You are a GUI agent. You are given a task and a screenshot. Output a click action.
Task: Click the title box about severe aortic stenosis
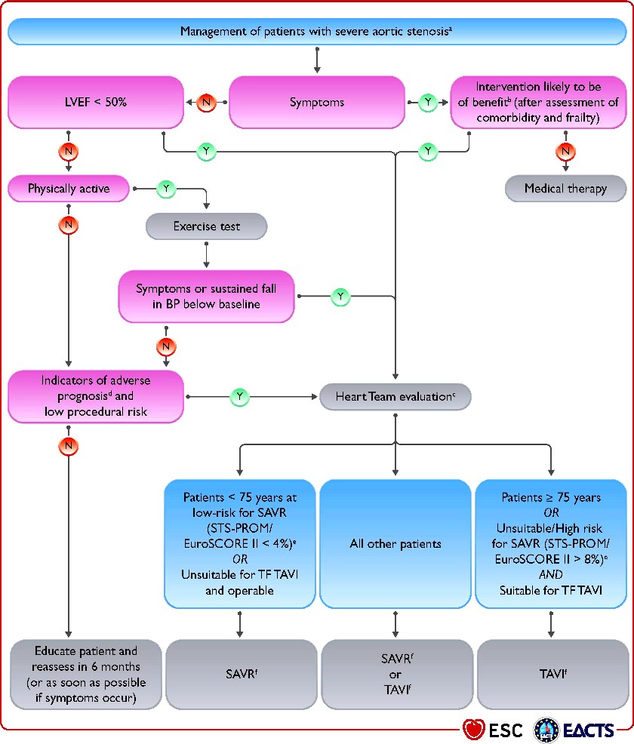(x=317, y=32)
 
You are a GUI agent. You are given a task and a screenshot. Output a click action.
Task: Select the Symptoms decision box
(x=317, y=102)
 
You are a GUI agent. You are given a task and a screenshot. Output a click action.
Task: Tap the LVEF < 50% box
(x=96, y=102)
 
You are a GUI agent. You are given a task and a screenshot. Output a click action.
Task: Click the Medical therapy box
(x=565, y=189)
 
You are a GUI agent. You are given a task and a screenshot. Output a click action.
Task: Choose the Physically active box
(x=69, y=189)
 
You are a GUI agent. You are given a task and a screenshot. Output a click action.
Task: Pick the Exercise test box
(x=207, y=226)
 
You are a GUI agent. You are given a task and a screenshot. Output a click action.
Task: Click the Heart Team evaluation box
(x=395, y=396)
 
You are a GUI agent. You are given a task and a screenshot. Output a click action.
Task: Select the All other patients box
(x=395, y=544)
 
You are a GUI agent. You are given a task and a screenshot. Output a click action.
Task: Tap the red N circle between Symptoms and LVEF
(x=207, y=102)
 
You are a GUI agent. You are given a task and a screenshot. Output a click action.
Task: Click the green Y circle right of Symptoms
(x=428, y=102)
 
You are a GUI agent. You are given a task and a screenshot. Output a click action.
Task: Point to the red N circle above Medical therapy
(x=565, y=152)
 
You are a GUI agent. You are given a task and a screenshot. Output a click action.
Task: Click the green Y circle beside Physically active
(x=166, y=189)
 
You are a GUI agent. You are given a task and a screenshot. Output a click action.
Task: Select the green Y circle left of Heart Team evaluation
(x=240, y=397)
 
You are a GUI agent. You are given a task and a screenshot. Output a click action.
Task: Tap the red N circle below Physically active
(x=69, y=225)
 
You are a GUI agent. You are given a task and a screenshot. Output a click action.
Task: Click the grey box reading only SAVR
(x=242, y=675)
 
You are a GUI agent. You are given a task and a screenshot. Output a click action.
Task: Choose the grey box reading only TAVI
(x=552, y=675)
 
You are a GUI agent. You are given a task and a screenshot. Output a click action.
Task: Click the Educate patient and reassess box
(x=86, y=675)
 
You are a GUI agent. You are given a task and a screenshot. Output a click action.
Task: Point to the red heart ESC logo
(x=473, y=730)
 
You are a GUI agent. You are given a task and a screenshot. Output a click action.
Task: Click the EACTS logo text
(x=589, y=730)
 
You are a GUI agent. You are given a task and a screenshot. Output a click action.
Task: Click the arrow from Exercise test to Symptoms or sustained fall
(x=207, y=255)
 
